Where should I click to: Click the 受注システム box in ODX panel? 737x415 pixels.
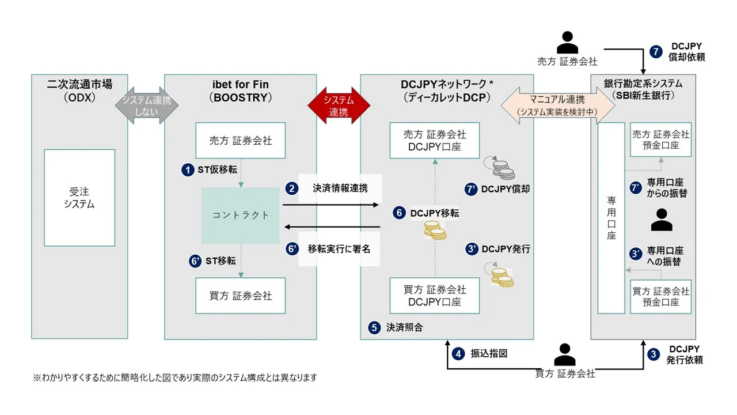click(79, 197)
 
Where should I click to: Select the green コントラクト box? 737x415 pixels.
click(241, 215)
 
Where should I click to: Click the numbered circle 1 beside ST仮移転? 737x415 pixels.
click(188, 170)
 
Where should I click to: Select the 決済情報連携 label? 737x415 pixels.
click(340, 188)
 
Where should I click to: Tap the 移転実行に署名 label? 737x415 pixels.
click(339, 249)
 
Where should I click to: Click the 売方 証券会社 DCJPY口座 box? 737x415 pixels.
click(435, 141)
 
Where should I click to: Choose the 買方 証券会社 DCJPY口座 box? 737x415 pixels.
click(435, 296)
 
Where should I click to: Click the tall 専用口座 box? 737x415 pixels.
click(611, 218)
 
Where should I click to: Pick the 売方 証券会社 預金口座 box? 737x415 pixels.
click(660, 140)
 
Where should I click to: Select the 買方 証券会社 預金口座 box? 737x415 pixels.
click(660, 296)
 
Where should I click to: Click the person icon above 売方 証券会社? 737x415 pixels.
click(567, 42)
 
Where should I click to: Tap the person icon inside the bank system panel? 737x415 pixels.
click(660, 220)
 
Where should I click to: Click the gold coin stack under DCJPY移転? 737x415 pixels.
click(435, 230)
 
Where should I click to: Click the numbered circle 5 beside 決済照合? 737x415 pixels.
click(374, 327)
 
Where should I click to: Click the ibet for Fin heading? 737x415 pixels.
click(240, 85)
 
